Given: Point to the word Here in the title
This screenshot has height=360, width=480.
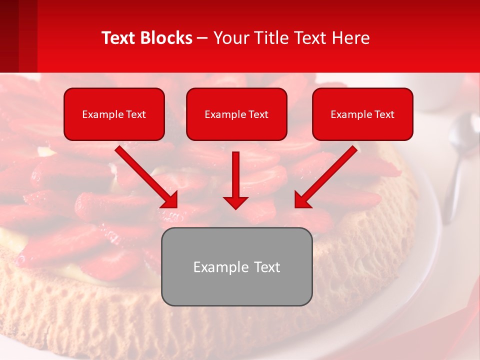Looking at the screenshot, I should [352, 38].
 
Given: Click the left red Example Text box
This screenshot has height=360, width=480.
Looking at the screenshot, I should [114, 114].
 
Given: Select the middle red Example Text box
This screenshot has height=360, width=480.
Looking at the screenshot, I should [236, 114].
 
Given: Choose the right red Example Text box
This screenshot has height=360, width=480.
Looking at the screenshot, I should [362, 114].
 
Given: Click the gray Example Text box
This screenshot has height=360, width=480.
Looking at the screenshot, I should [236, 266].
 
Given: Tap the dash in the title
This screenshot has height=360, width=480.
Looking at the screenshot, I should [202, 38].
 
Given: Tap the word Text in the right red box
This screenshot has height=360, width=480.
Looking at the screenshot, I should [384, 114].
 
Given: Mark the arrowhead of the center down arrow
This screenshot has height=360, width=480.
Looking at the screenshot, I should [235, 202].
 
